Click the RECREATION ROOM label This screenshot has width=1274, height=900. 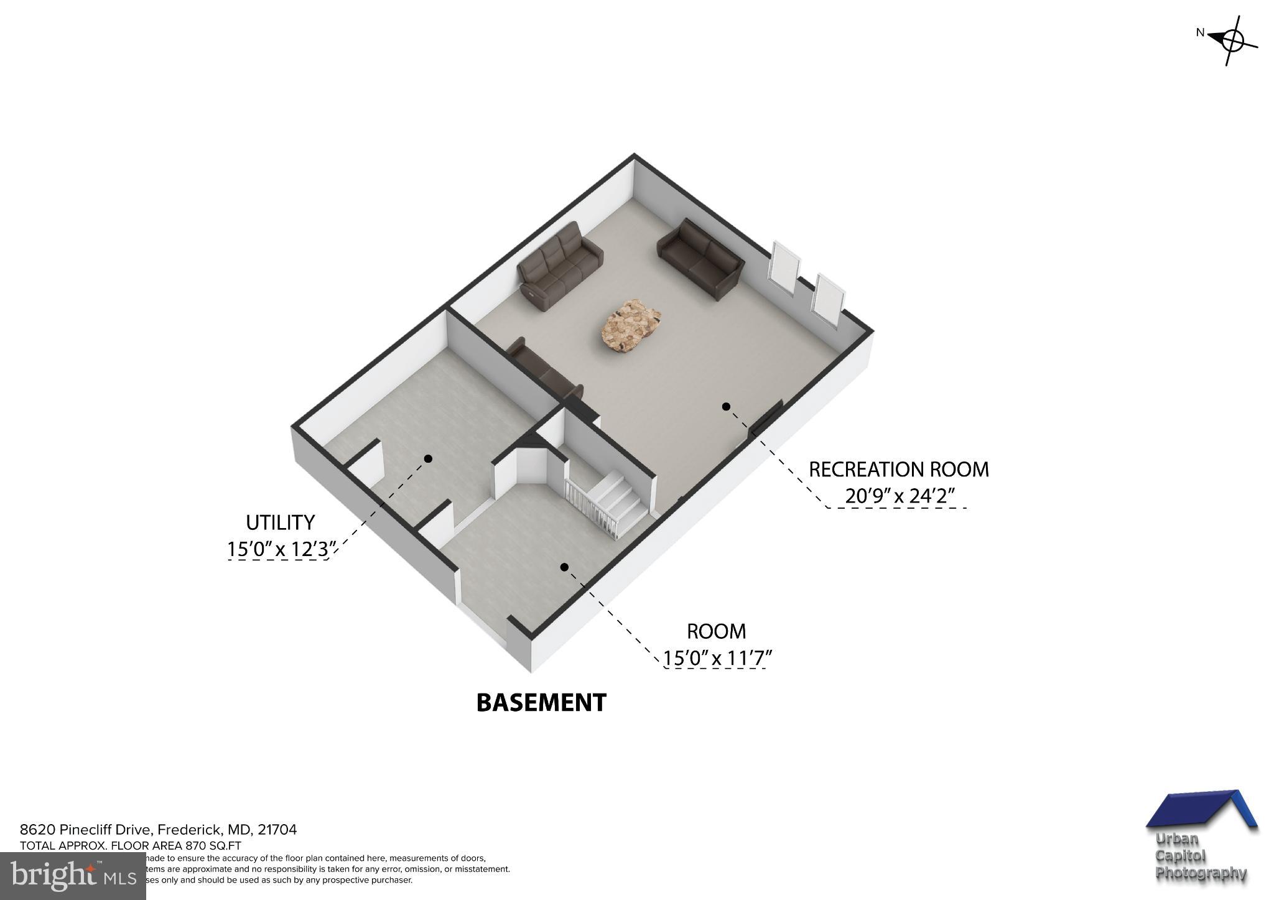(898, 469)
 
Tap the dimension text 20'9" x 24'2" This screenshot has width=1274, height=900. (900, 496)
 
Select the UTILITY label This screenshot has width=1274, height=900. (280, 522)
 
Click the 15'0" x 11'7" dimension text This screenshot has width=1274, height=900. (716, 657)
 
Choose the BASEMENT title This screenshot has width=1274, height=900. (541, 703)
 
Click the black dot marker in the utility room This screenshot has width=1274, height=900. (428, 458)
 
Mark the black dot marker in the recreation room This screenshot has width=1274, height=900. (725, 407)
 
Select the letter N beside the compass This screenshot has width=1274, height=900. (1201, 50)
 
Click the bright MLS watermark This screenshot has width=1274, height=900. (73, 876)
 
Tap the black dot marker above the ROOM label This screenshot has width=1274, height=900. (564, 567)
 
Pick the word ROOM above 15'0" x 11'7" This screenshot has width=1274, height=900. (716, 631)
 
